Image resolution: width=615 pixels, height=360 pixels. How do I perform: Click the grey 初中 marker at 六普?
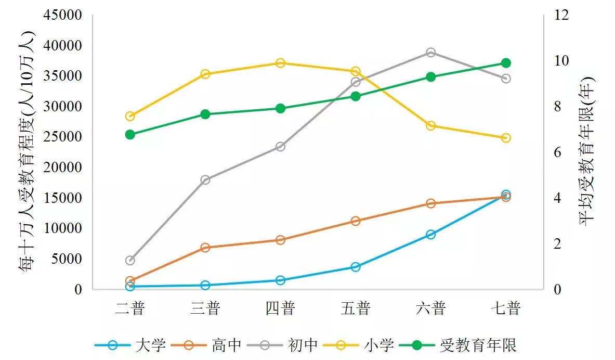click(x=430, y=53)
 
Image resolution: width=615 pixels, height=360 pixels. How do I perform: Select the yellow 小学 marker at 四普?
click(x=280, y=63)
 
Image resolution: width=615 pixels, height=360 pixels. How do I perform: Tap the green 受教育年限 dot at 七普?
click(x=506, y=63)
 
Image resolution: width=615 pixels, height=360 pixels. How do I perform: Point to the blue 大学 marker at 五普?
click(x=356, y=267)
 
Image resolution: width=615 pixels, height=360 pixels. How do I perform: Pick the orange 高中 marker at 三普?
click(x=205, y=248)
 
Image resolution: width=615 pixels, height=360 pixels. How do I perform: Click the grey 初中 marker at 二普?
click(x=130, y=260)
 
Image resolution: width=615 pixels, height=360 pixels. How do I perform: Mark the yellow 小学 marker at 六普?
click(x=430, y=125)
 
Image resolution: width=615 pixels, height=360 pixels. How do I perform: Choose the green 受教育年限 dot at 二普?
click(x=130, y=134)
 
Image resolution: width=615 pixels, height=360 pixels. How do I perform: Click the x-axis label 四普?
click(x=280, y=308)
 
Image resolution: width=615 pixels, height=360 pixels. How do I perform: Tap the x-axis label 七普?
click(x=506, y=308)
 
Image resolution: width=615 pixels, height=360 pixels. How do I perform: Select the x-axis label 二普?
click(x=130, y=308)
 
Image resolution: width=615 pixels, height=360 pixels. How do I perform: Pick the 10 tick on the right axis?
click(x=561, y=61)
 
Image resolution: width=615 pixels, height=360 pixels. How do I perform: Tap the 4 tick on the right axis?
click(x=558, y=198)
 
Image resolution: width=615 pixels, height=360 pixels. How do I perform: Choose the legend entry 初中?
click(x=302, y=344)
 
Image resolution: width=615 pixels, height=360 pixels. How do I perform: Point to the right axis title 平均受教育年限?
click(x=586, y=151)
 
